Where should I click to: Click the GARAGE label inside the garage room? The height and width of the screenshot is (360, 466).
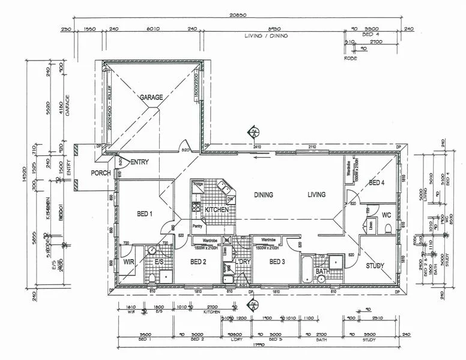[x=152, y=97]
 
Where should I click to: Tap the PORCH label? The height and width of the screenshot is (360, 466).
[x=100, y=173]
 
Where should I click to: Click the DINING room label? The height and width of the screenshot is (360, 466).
[x=263, y=195]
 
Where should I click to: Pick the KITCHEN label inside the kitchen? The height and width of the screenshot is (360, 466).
[x=216, y=210]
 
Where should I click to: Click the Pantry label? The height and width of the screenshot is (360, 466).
[x=197, y=226]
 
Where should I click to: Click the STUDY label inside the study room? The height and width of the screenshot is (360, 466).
[x=375, y=266]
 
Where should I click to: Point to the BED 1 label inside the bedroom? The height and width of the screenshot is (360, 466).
[x=145, y=214]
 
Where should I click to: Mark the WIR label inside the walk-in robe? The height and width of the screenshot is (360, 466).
[x=128, y=262]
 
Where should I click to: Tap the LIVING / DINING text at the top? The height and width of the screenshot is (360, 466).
[x=266, y=36]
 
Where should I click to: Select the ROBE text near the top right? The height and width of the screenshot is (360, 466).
[x=351, y=58]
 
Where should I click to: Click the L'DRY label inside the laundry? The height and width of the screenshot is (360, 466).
[x=243, y=262]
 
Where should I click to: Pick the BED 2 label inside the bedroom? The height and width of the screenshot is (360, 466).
[x=198, y=262]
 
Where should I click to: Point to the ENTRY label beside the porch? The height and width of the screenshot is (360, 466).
[x=139, y=162]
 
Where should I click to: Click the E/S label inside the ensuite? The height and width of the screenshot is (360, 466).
[x=160, y=262]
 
